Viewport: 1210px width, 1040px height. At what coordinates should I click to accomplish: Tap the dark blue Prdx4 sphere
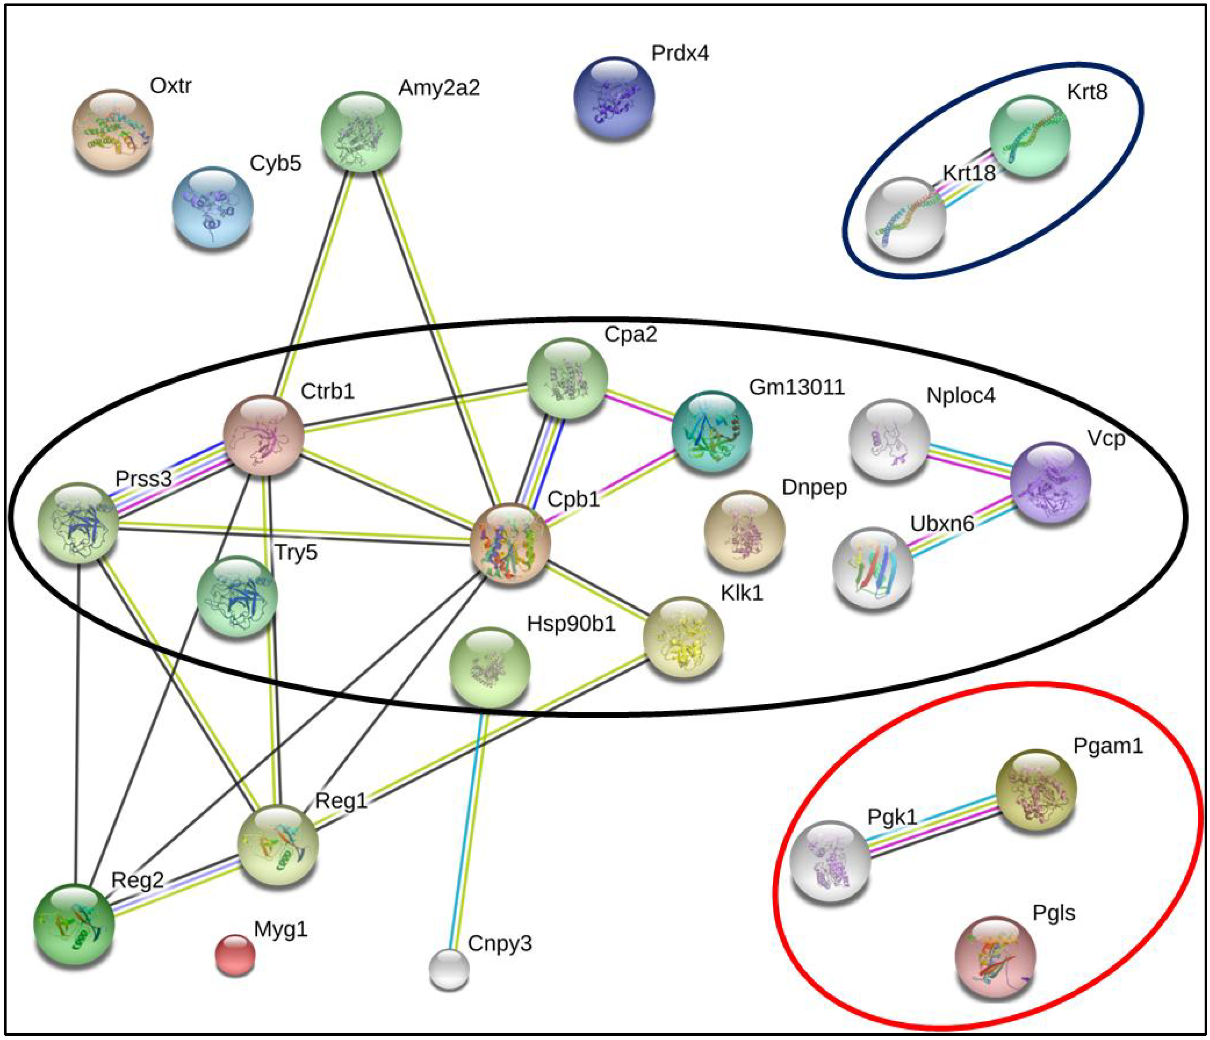614,97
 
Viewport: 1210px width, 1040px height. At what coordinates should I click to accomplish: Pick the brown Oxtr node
113,130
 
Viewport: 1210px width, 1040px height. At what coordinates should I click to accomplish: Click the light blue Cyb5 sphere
213,207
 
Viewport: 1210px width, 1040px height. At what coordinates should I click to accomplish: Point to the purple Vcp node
1050,482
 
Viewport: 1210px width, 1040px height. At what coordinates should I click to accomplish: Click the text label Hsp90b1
571,624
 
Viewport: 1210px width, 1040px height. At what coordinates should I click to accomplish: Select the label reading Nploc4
960,395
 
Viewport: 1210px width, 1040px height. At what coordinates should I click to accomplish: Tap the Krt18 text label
969,173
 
